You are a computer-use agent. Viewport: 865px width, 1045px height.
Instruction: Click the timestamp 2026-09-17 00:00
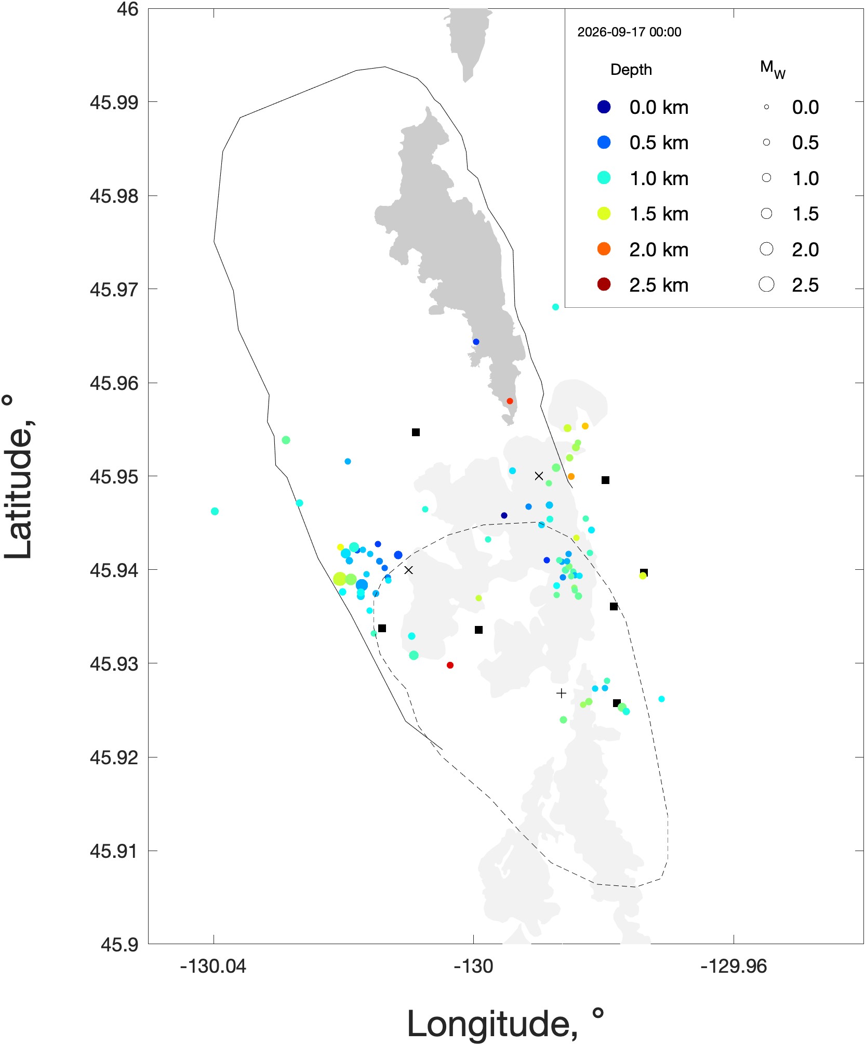click(629, 32)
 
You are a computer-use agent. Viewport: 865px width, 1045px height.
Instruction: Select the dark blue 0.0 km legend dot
click(604, 107)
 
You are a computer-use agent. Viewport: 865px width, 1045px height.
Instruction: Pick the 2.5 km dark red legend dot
click(604, 284)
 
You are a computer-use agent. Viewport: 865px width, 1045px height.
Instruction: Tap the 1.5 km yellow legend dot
click(604, 214)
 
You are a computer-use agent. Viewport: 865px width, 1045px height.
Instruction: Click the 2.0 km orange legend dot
click(604, 249)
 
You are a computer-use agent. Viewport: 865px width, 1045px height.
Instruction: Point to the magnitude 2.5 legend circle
click(766, 284)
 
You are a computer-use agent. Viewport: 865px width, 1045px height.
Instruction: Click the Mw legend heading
click(773, 70)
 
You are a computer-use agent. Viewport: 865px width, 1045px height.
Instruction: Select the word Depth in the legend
click(631, 70)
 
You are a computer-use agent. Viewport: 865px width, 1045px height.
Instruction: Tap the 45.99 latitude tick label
click(114, 102)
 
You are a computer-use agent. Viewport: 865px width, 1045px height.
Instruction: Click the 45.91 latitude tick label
click(114, 851)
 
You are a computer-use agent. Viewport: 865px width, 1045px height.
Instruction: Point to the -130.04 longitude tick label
click(213, 966)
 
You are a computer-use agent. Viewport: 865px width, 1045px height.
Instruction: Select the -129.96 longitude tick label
click(734, 966)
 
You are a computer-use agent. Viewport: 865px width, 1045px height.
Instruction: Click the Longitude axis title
click(505, 1024)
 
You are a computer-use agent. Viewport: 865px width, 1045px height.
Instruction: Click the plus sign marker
click(561, 693)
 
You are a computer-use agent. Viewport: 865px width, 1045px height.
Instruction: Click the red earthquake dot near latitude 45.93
click(450, 665)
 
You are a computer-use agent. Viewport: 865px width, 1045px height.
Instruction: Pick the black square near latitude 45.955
click(416, 432)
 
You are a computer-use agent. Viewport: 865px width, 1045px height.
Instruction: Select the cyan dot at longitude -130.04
click(215, 511)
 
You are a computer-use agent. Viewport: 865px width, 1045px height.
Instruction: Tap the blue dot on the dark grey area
click(476, 342)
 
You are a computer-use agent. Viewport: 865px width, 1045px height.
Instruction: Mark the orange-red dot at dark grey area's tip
click(510, 401)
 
